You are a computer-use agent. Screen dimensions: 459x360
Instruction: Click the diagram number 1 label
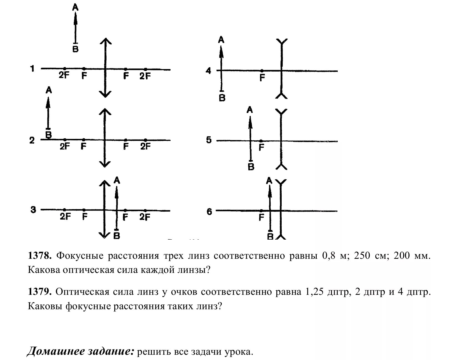click(x=32, y=68)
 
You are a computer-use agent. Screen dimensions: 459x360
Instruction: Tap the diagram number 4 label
click(x=208, y=71)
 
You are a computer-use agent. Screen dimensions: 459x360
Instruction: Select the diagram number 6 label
click(x=209, y=212)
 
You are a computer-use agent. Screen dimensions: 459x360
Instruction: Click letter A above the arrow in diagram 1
click(x=75, y=7)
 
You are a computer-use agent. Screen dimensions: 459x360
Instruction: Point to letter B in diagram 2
click(x=49, y=135)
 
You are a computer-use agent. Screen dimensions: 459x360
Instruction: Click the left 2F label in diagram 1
click(x=64, y=75)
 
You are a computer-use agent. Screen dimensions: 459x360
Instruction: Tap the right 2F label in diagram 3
click(x=145, y=217)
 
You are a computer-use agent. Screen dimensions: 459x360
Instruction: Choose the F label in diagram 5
click(x=261, y=148)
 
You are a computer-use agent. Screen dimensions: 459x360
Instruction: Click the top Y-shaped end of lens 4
click(x=282, y=43)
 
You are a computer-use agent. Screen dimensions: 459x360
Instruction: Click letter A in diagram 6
click(x=269, y=181)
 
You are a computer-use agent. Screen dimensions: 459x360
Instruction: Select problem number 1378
click(x=40, y=255)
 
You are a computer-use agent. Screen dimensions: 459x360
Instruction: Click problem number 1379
click(x=40, y=292)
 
